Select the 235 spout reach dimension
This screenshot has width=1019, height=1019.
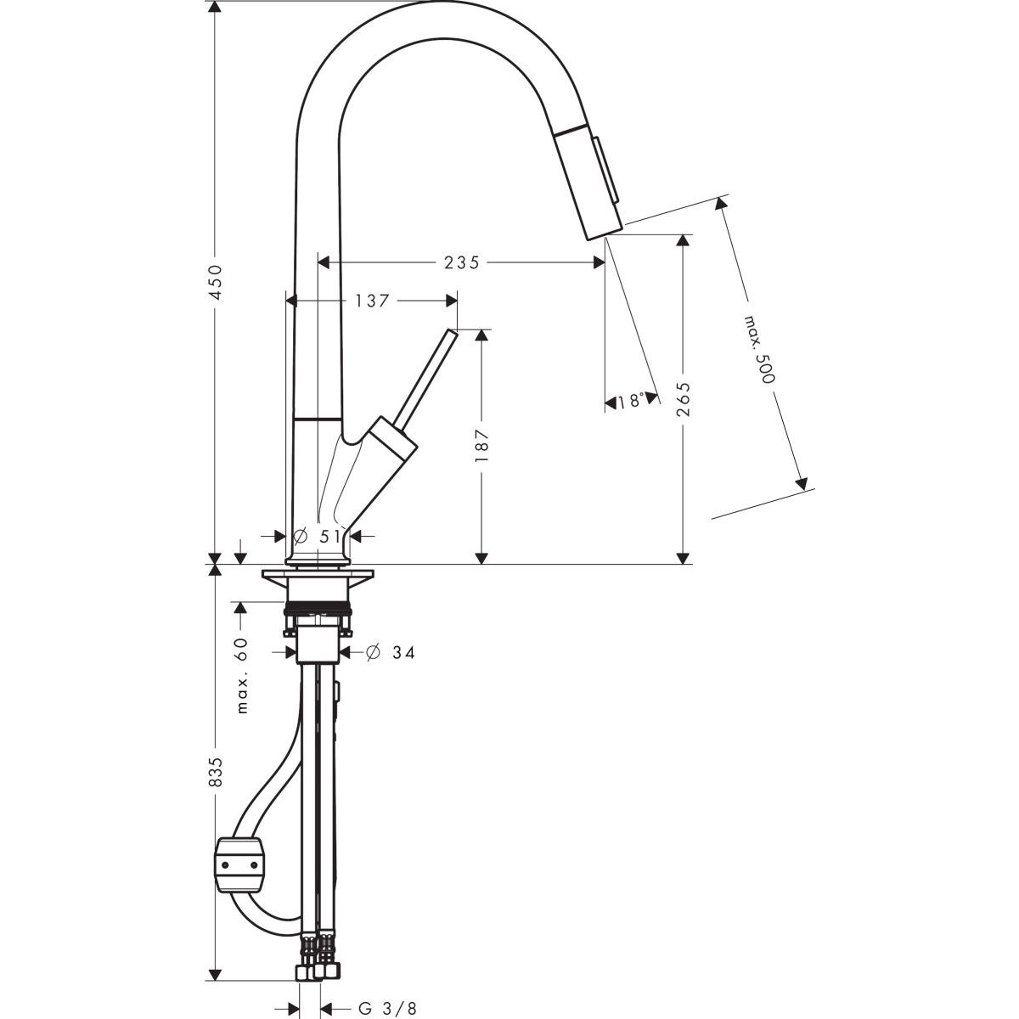(462, 262)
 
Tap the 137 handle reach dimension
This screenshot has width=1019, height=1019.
(372, 301)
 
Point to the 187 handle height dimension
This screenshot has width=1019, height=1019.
(481, 445)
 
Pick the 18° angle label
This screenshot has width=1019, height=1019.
(632, 402)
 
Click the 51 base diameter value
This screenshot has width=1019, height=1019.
(330, 537)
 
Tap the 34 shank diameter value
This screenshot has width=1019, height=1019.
(403, 653)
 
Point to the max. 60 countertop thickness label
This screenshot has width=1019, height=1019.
(242, 676)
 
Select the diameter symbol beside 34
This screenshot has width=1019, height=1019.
(372, 652)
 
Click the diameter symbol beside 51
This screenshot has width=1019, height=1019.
(300, 536)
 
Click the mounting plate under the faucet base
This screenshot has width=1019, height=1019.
(318, 574)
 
